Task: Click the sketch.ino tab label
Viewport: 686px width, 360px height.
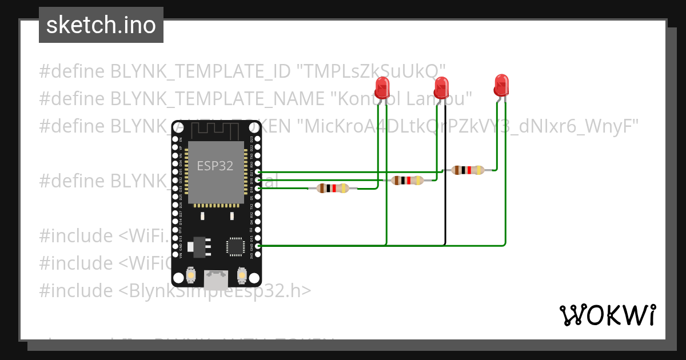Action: click(101, 25)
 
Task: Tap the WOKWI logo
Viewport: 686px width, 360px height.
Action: click(607, 315)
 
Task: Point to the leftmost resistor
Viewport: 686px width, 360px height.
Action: click(333, 188)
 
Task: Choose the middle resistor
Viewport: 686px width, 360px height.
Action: click(407, 181)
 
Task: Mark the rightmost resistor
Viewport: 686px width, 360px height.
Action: click(467, 170)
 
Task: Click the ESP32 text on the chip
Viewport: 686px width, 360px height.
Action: click(215, 166)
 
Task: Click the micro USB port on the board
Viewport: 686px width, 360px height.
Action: click(216, 279)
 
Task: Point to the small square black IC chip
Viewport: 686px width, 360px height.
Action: click(235, 246)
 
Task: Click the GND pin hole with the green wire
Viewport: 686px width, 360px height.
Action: click(258, 246)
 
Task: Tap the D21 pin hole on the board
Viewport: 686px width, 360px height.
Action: click(258, 171)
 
